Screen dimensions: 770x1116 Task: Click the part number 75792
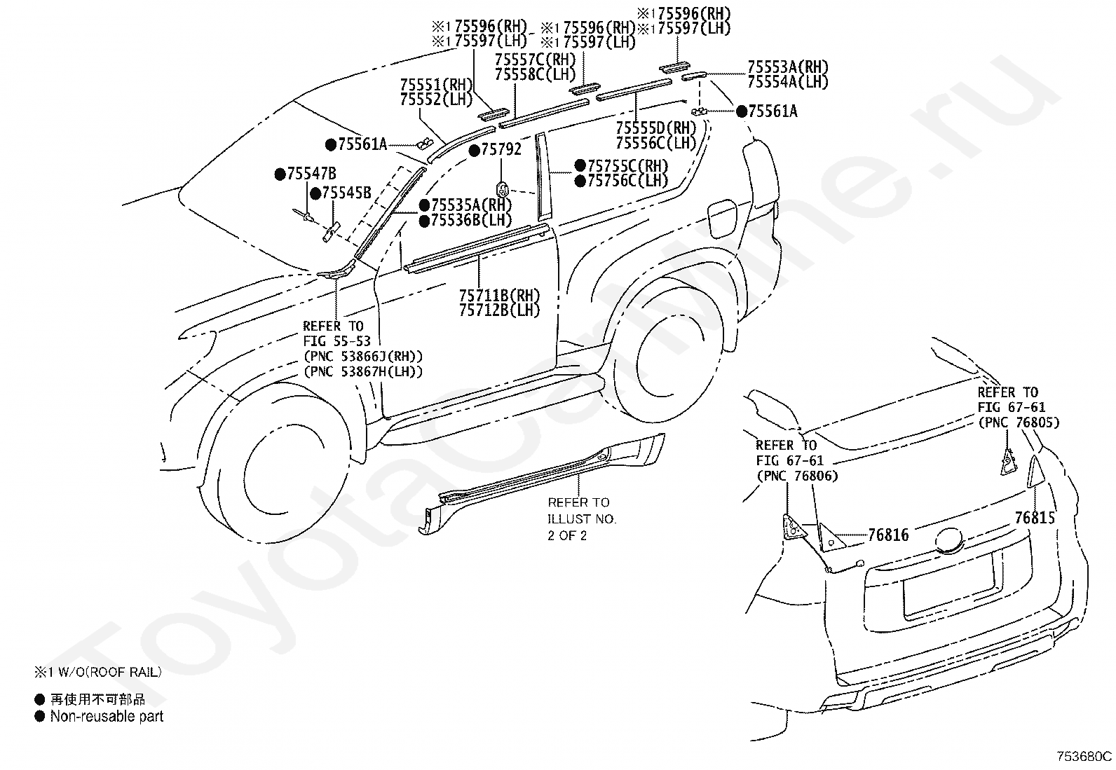(x=501, y=149)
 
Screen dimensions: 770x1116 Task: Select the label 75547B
(x=311, y=174)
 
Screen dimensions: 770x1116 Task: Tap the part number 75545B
(x=346, y=193)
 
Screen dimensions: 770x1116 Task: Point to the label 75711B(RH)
(x=500, y=295)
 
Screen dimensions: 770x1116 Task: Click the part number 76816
(x=888, y=535)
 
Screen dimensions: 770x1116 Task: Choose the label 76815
(x=1035, y=518)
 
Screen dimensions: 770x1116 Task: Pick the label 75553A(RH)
(x=788, y=67)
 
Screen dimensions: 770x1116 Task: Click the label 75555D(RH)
(x=656, y=128)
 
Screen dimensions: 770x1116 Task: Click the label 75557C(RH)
(x=535, y=59)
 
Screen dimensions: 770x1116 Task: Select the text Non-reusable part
(x=107, y=716)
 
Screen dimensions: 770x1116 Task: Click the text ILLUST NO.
(x=582, y=519)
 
